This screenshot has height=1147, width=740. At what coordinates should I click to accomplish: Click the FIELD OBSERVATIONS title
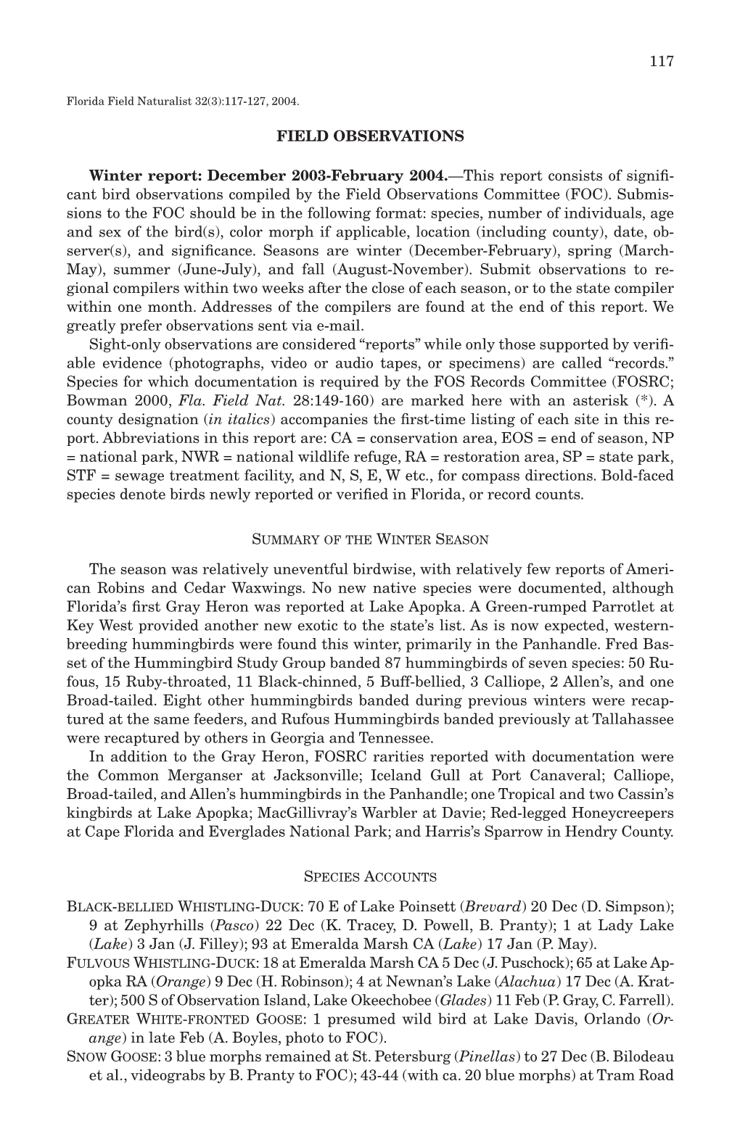tap(370, 136)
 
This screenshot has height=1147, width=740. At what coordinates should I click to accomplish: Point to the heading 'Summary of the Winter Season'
tap(370, 539)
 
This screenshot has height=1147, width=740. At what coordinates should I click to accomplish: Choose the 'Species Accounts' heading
tap(370, 877)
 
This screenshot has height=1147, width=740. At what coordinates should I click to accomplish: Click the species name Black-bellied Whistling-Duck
tap(181, 907)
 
